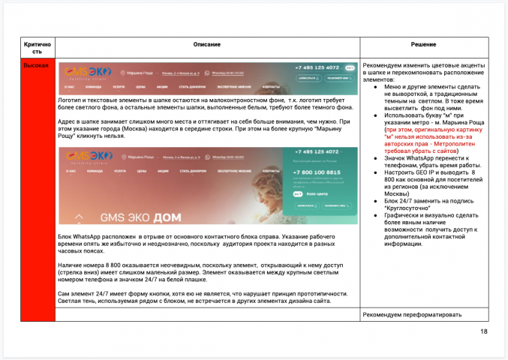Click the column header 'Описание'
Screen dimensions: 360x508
(x=207, y=46)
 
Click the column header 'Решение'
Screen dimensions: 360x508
(x=424, y=46)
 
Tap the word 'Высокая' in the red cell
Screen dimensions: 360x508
(x=37, y=66)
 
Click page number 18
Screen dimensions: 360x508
(x=483, y=330)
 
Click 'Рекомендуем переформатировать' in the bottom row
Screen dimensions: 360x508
(x=409, y=313)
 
